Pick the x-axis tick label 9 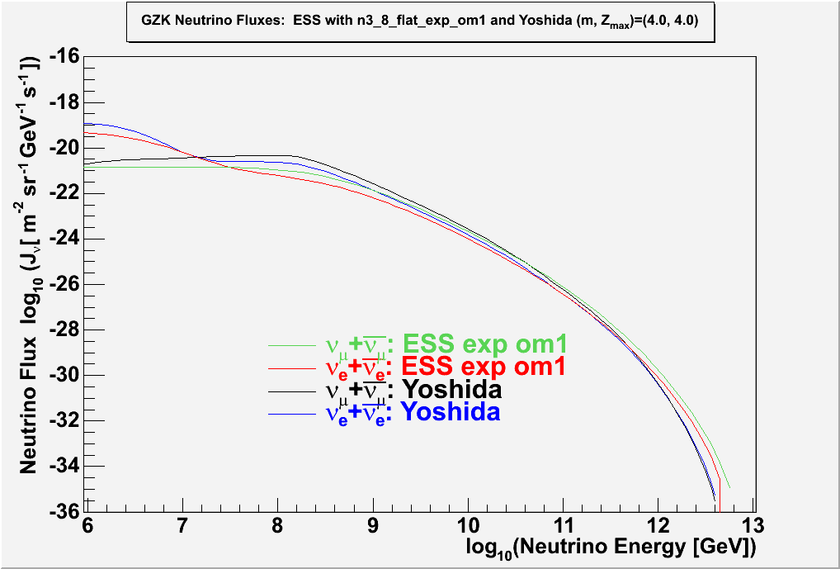pos(373,524)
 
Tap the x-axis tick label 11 pos(563,524)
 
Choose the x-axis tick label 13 pos(752,524)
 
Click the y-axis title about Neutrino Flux pos(30,264)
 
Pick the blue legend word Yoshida pos(451,411)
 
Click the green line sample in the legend pos(293,345)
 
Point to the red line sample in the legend pos(293,367)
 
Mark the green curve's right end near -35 pos(729,486)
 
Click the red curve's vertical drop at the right pos(720,496)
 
